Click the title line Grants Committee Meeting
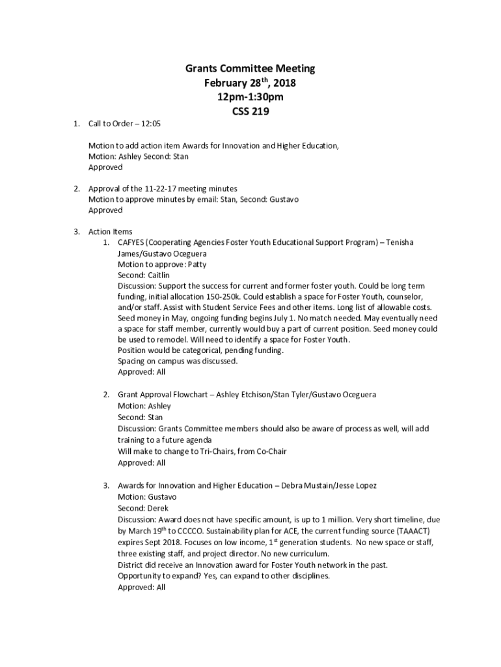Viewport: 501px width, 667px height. click(251, 68)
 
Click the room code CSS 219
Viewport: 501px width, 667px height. click(251, 111)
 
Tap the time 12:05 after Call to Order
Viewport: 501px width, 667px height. click(151, 124)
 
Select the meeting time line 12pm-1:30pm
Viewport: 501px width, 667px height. click(251, 97)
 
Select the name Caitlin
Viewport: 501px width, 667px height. click(157, 276)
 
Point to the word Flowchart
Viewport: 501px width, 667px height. click(189, 395)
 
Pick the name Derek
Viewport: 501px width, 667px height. click(157, 508)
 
